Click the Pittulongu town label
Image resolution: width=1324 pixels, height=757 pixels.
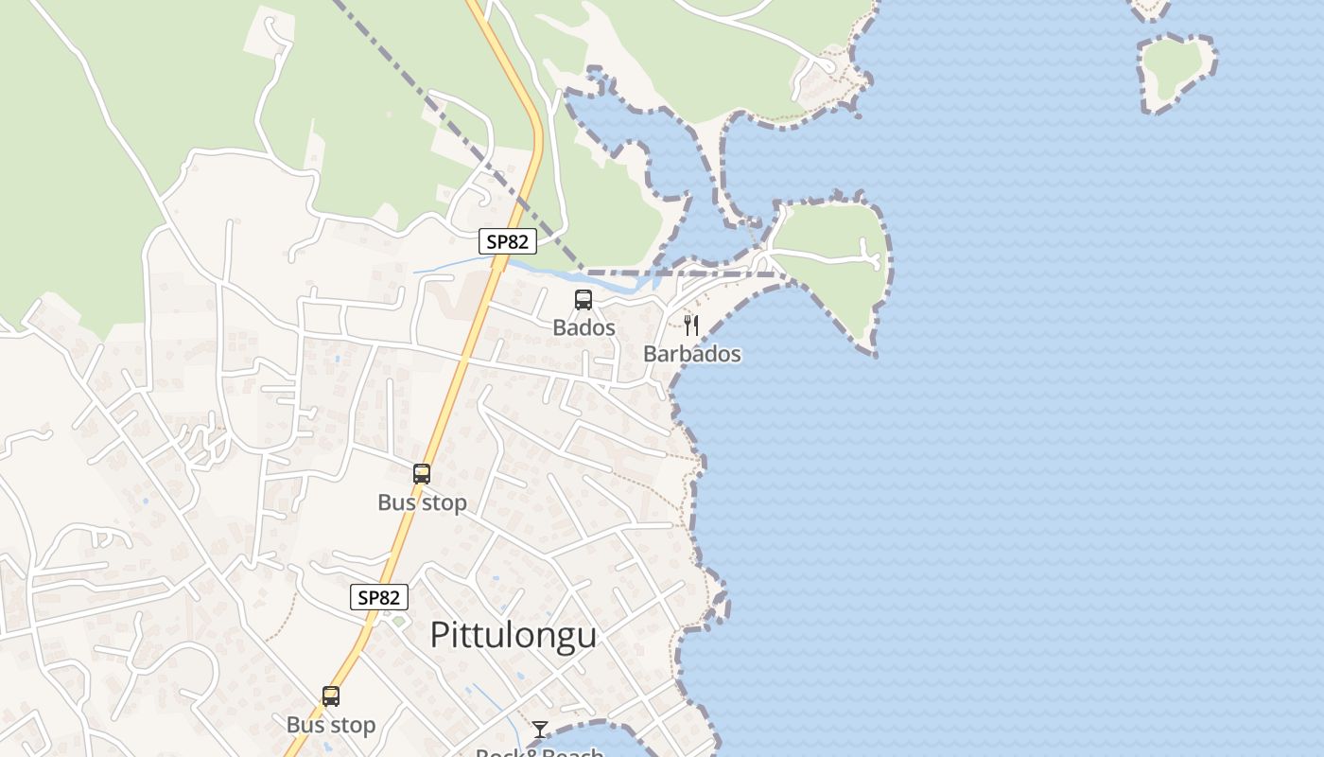[514, 635]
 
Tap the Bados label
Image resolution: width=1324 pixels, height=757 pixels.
[584, 328]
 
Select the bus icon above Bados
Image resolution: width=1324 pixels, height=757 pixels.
[584, 300]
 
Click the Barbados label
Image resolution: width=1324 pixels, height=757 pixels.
[691, 354]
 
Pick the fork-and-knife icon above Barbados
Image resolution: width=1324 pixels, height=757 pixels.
[691, 326]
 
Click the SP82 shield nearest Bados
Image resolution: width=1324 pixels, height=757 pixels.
[507, 241]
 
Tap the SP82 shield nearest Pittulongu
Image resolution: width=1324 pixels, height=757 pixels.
[379, 597]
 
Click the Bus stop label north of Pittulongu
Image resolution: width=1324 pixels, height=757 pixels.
[422, 502]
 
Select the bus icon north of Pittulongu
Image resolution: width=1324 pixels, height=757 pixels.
[422, 474]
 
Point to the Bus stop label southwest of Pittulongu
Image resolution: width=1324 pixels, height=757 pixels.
[331, 725]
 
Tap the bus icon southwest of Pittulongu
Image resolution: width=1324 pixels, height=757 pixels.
[331, 696]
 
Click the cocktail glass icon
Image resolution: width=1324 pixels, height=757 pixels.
[540, 729]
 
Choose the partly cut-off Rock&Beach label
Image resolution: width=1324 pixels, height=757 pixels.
[539, 752]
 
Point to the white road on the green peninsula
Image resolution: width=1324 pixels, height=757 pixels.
[823, 255]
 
